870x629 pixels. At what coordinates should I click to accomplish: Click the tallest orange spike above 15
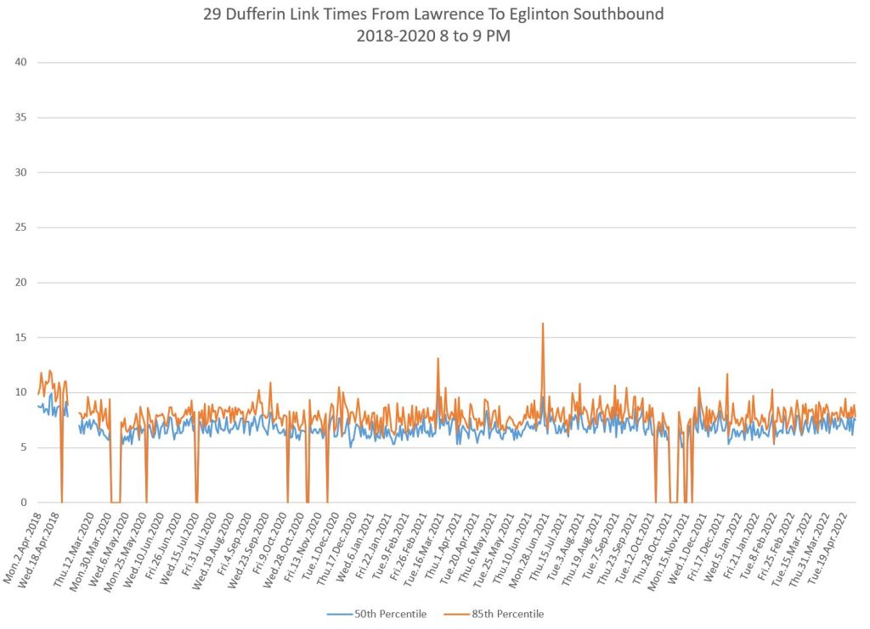point(542,324)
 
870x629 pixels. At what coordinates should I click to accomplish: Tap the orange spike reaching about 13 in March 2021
point(438,359)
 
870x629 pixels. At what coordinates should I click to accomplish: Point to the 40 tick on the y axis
point(22,62)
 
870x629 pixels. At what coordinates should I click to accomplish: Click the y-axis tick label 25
point(22,227)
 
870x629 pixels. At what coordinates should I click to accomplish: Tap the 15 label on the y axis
point(22,338)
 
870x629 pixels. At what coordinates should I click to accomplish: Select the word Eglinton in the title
point(536,15)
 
